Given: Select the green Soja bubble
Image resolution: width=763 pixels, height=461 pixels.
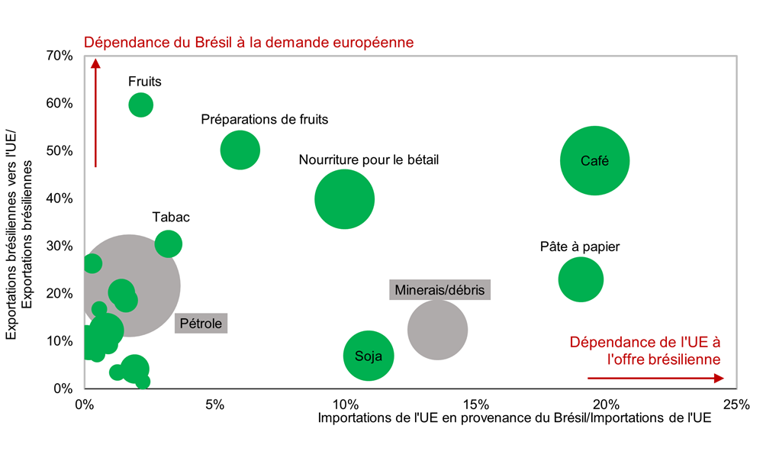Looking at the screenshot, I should (x=369, y=356).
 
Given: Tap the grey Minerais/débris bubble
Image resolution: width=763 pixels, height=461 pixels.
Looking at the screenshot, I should (x=437, y=330).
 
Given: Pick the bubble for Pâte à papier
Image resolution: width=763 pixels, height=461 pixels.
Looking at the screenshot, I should (x=581, y=279).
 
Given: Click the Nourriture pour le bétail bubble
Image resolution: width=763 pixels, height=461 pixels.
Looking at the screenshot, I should (x=344, y=199).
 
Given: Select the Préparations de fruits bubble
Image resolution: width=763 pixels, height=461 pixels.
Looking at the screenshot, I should (x=240, y=150).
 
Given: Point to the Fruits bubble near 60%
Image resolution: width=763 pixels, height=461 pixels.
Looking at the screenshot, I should (x=140, y=105).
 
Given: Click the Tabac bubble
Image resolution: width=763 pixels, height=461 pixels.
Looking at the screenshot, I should (x=169, y=244).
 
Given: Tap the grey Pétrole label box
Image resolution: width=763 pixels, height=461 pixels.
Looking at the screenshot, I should (x=201, y=324).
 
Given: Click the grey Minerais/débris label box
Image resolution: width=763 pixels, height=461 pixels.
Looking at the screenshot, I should (x=439, y=290).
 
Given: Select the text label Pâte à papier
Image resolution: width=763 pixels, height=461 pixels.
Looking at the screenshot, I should (x=580, y=247).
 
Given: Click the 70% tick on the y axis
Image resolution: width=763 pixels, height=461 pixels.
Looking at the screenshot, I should (x=60, y=56).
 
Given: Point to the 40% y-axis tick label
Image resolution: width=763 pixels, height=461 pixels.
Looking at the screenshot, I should (x=60, y=198).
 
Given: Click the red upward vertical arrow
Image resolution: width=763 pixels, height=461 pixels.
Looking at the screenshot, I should (x=96, y=114).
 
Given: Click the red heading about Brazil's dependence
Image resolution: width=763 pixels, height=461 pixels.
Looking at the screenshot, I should (x=249, y=42).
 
